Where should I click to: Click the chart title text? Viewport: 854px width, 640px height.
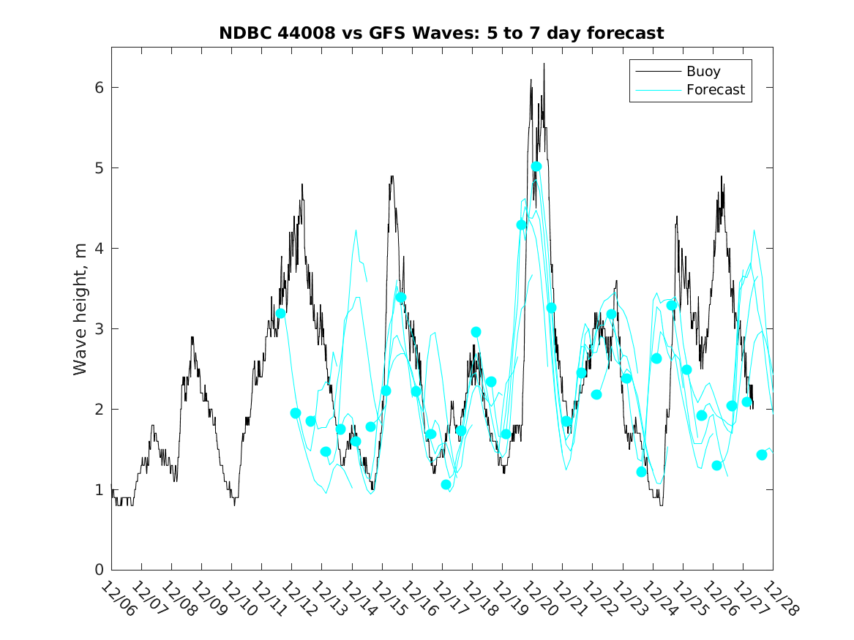[441, 33]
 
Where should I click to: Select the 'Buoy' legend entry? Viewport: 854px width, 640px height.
[703, 72]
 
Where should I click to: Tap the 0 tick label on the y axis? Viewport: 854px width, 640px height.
[99, 570]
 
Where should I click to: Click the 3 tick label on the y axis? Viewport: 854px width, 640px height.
[99, 328]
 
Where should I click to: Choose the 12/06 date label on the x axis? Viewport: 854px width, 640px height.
[119, 599]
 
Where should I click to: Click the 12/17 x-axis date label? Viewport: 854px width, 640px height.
[449, 599]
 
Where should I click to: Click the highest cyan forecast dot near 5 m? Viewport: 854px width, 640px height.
[536, 167]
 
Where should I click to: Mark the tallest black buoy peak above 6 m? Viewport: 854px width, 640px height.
[544, 64]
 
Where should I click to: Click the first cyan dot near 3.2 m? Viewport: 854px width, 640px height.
[280, 313]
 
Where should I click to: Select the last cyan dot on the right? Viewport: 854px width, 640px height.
[761, 454]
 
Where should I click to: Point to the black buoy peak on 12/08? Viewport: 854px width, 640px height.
[192, 337]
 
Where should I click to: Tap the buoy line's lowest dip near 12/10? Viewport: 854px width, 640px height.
[234, 504]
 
